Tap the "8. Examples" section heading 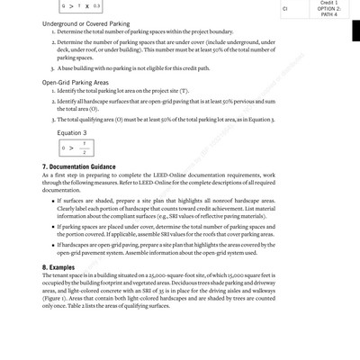pyautogui.click(x=61, y=267)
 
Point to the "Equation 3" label pyautogui.click(x=73, y=132)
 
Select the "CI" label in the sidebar pyautogui.click(x=285, y=9)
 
